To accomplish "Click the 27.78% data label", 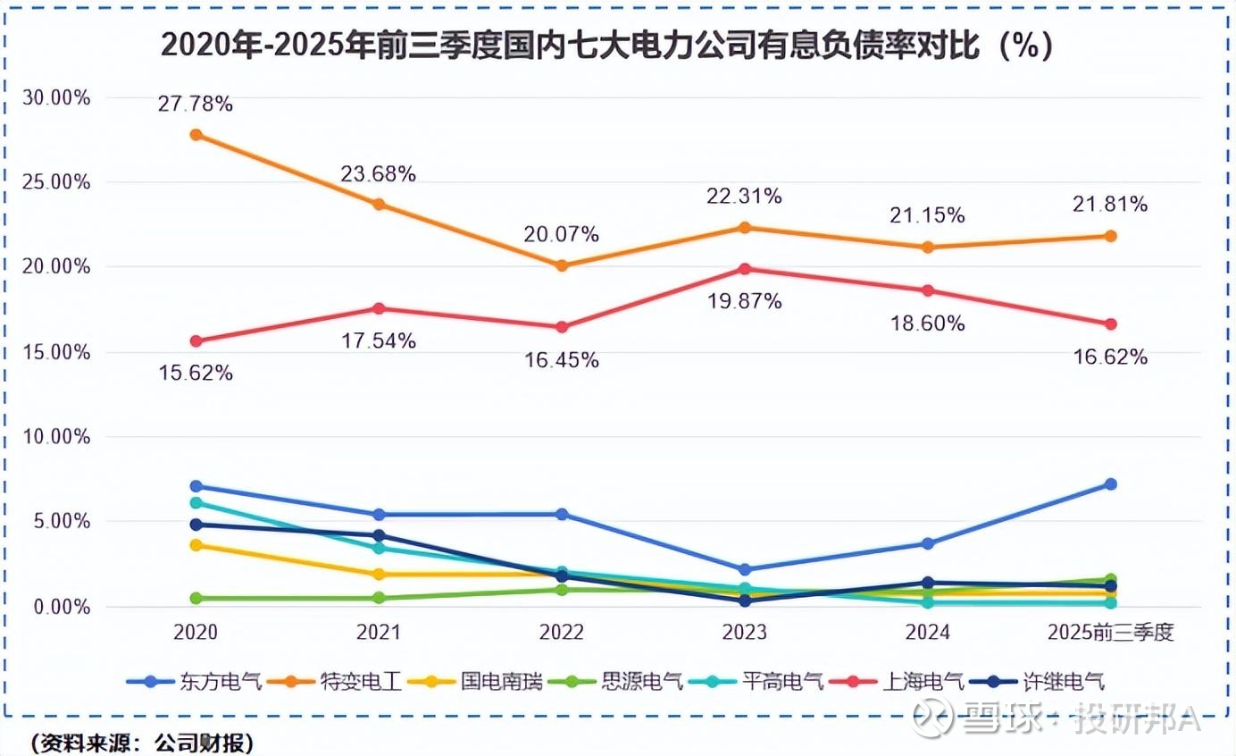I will [196, 105].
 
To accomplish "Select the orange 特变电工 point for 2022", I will [562, 265].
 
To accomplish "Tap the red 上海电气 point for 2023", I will [745, 268].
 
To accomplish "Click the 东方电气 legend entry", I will [196, 682].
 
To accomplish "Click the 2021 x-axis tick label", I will [379, 633].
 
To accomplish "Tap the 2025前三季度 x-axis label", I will [1110, 633].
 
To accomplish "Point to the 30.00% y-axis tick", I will [55, 97].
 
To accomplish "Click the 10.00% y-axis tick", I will [55, 437].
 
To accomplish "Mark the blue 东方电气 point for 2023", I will [745, 569].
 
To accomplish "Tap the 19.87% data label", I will [745, 301].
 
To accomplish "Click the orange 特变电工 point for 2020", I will [196, 135].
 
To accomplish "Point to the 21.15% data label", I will [927, 215].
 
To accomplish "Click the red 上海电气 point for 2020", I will [196, 340].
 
